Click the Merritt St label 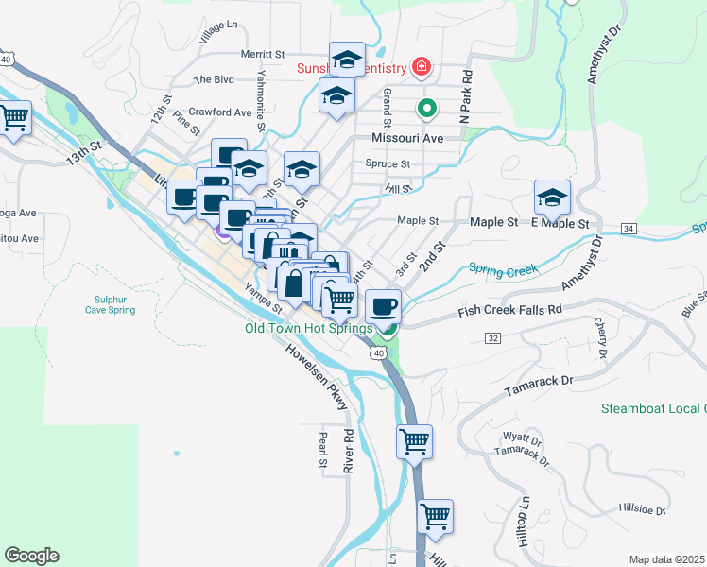[262, 56]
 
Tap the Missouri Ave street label [406, 138]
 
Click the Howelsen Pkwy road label [316, 373]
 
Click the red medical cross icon [422, 67]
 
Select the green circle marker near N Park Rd [426, 108]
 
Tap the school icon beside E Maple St [552, 198]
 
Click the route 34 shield [629, 229]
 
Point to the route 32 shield [491, 336]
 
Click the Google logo [32, 555]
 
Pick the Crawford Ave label [219, 112]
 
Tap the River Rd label [348, 452]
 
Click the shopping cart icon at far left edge [13, 119]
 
